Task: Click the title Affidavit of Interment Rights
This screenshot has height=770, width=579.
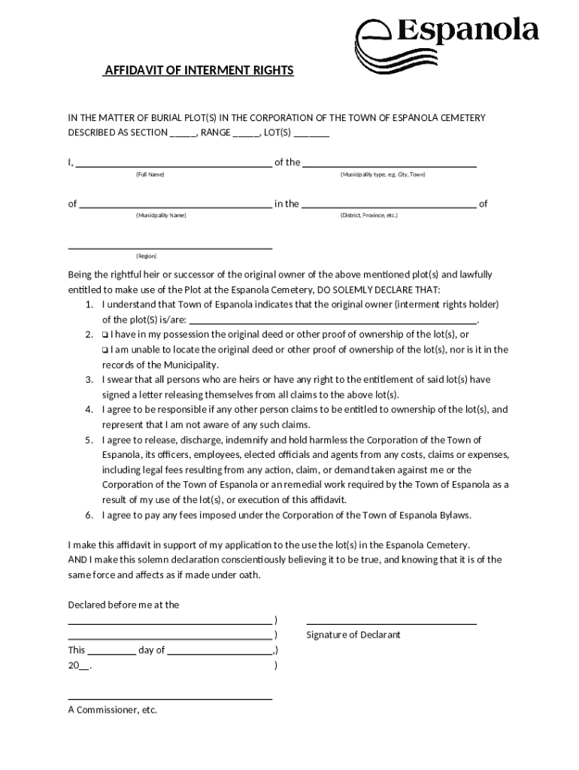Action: [199, 71]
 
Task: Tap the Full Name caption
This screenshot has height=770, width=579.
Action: [150, 174]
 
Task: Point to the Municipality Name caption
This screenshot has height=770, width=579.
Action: [161, 216]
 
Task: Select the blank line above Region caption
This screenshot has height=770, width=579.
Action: [170, 247]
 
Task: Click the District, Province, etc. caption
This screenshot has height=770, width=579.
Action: [368, 216]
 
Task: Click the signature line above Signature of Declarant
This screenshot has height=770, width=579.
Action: [391, 623]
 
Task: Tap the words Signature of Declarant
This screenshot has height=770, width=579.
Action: [353, 635]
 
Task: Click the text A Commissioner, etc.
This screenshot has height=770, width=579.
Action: [113, 710]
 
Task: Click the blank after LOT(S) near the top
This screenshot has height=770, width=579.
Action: [311, 134]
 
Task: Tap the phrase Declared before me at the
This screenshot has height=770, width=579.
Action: [123, 605]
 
